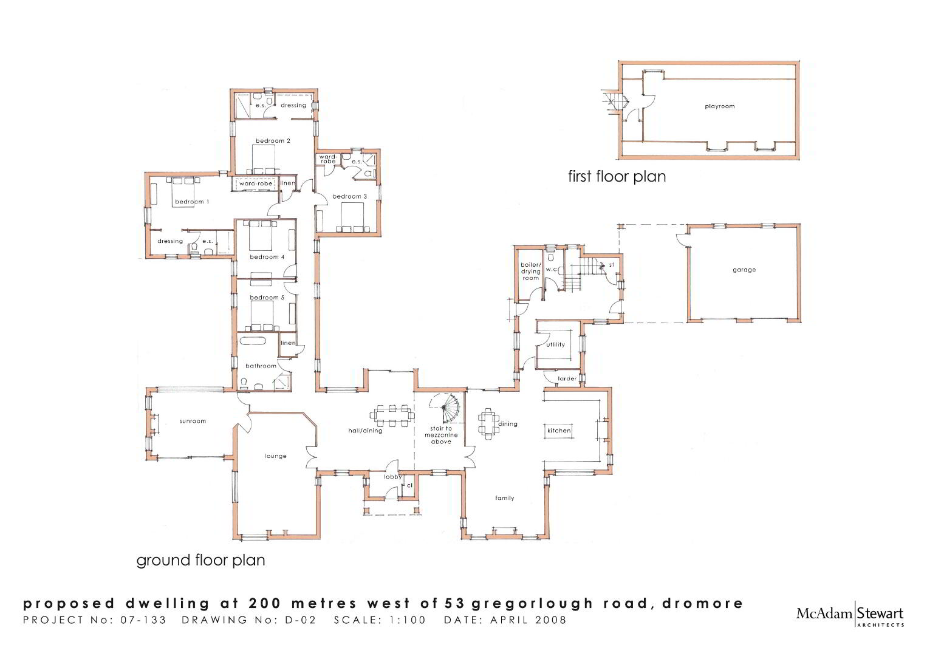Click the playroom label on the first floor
click(720, 106)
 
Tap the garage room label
click(744, 270)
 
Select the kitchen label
click(559, 431)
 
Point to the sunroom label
click(193, 421)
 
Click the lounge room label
click(276, 456)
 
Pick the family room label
click(504, 498)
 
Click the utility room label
click(555, 344)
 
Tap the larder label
click(567, 378)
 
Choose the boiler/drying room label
click(530, 272)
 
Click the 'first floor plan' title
click(617, 176)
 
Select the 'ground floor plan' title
click(200, 561)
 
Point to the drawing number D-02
click(301, 620)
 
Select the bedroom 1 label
click(192, 202)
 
